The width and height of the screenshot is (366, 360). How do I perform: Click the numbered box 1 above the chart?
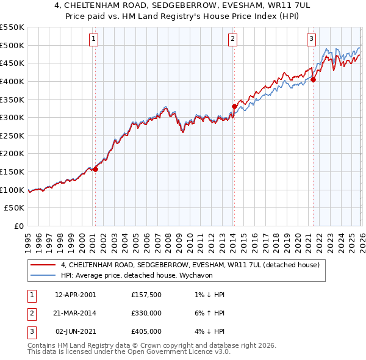[94, 39]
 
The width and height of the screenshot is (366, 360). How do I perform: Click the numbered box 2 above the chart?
[233, 39]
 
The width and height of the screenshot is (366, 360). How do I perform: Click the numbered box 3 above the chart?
[311, 39]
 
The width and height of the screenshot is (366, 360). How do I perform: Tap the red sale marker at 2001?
[95, 170]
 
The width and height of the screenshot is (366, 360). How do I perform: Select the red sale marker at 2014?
[234, 106]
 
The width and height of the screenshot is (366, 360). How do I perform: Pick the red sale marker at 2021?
[313, 79]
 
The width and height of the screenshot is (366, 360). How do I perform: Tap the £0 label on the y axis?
[18, 226]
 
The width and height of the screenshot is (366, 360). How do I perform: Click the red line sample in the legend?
[43, 265]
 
